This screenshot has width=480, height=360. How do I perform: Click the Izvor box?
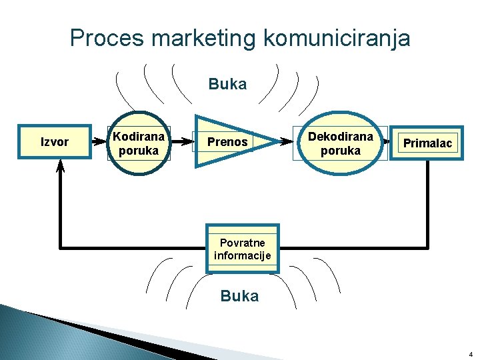click(55, 142)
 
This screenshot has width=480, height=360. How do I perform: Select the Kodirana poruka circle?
click(138, 143)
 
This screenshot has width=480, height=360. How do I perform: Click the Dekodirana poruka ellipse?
click(339, 143)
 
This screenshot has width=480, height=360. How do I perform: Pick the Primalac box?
click(427, 143)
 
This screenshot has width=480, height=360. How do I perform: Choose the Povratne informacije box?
click(242, 249)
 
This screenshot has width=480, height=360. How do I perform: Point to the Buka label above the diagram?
click(227, 84)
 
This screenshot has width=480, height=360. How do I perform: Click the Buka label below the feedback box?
click(239, 296)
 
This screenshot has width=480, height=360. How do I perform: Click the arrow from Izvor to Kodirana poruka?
click(100, 142)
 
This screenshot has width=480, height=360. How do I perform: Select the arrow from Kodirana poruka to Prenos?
click(181, 142)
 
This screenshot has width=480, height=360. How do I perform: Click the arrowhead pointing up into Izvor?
click(61, 169)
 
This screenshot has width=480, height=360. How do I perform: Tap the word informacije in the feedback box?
click(242, 255)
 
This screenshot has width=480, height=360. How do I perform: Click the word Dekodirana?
click(340, 136)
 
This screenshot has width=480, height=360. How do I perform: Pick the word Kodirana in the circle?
click(139, 136)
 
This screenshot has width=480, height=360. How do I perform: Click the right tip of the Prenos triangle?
click(277, 142)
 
